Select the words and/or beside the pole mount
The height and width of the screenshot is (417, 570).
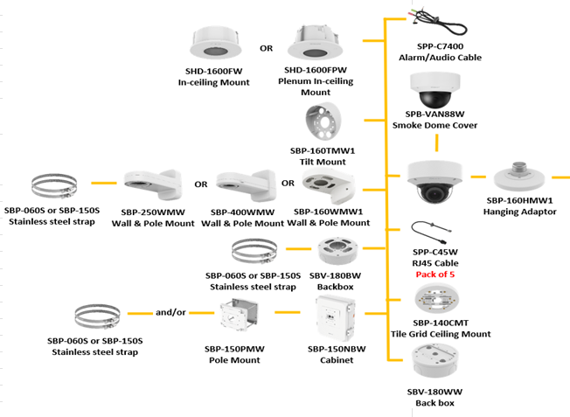tap(168, 310)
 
